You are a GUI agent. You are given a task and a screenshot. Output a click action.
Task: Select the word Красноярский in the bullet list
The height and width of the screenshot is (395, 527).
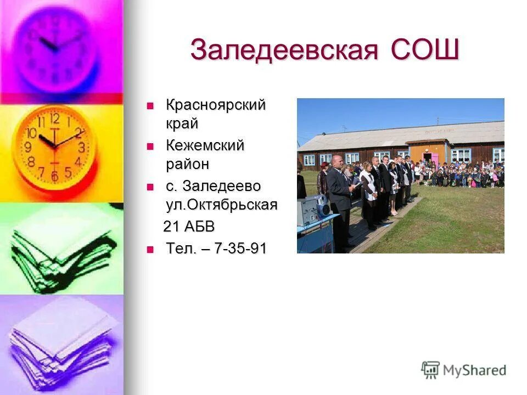(x=216, y=104)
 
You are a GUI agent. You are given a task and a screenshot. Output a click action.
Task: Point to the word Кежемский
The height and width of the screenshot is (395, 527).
(x=205, y=146)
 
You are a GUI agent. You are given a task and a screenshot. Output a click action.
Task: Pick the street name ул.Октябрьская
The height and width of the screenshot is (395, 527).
(x=221, y=205)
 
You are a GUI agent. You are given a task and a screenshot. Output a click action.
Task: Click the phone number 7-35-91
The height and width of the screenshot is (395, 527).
(x=240, y=249)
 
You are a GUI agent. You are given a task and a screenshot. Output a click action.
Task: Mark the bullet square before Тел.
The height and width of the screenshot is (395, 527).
(x=150, y=250)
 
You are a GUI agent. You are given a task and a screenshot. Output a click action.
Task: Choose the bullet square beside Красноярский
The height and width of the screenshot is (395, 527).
(x=150, y=105)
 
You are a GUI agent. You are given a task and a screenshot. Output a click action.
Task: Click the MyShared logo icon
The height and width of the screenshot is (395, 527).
(x=430, y=370)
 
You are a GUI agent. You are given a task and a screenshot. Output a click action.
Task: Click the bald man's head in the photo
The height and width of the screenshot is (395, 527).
(x=337, y=163)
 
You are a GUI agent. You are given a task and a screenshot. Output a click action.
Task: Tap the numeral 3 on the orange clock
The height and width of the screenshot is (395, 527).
(x=81, y=146)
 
